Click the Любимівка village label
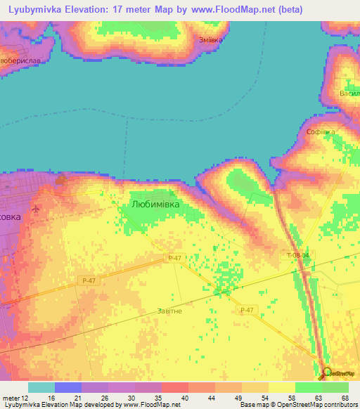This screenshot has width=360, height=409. coord(155,204)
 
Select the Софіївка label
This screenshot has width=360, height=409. coord(320,131)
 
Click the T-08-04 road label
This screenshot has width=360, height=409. coord(298,255)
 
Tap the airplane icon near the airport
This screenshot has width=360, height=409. coord(36,209)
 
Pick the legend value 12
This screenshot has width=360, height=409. coord(26,397)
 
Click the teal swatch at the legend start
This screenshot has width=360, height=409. coord(41,387)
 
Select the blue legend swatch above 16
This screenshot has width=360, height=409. coord(68,387)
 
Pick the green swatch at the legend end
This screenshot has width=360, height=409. coord(335,387)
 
